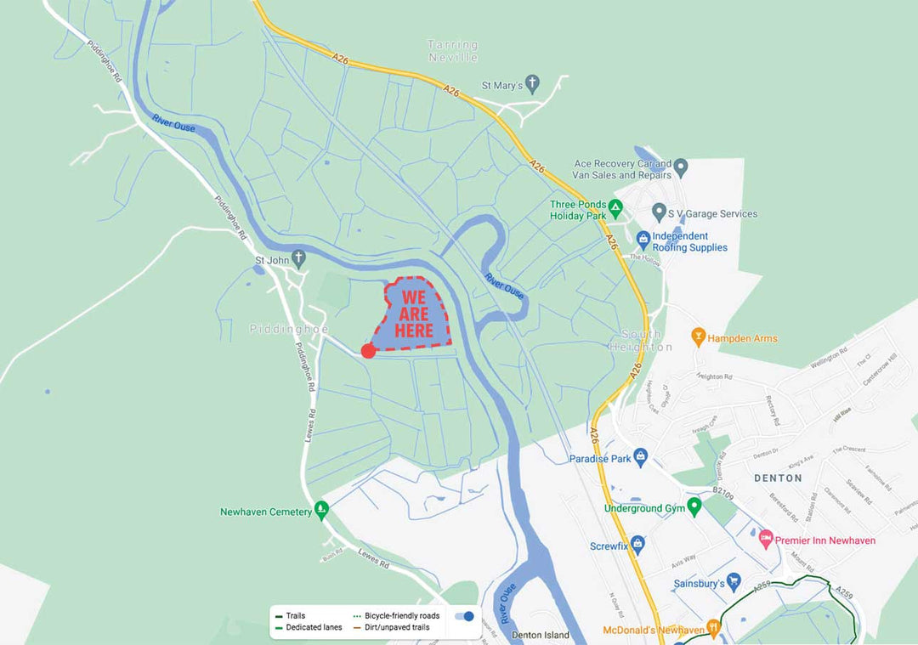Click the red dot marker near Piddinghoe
pos(368,350)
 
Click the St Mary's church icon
pos(532,84)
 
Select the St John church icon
pos(298,257)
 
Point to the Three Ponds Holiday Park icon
pos(617,206)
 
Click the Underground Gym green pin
pos(694,506)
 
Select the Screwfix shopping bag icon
pos(638,544)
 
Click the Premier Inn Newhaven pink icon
pos(766,539)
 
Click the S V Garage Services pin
pos(658,211)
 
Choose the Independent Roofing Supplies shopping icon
pos(643,239)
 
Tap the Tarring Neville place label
pos(452,51)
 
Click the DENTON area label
pos(778,478)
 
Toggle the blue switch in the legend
pos(464,616)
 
